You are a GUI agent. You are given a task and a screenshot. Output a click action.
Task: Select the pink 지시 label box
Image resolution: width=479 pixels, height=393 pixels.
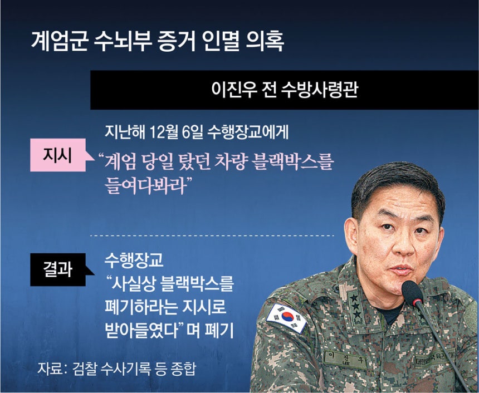click(x=58, y=155)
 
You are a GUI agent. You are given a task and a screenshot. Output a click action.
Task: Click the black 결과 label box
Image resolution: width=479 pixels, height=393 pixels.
click(x=58, y=269)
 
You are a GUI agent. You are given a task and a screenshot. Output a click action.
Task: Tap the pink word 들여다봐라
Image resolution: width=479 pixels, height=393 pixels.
click(x=145, y=186)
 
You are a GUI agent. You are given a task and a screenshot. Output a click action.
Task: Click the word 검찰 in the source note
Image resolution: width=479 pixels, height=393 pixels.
click(x=85, y=369)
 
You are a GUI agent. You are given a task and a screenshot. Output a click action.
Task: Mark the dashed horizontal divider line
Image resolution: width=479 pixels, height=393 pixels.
click(x=212, y=235)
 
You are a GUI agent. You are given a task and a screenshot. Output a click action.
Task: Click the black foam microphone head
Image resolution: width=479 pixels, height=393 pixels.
click(x=412, y=293)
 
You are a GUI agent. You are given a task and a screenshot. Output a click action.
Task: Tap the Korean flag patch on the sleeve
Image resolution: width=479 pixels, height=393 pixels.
click(x=286, y=318)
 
